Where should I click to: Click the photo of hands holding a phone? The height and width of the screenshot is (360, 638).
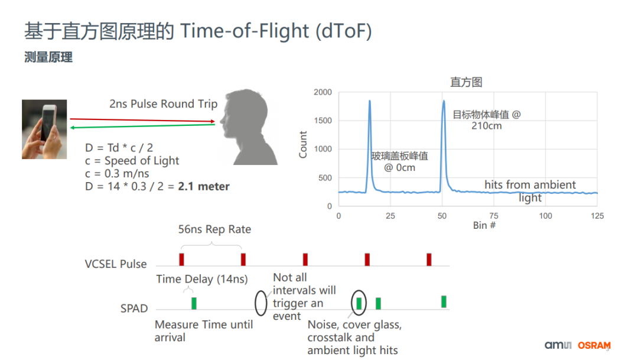tap(44, 129)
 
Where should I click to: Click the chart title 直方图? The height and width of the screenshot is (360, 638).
tap(466, 82)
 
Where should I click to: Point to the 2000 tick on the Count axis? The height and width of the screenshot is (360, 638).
tap(323, 92)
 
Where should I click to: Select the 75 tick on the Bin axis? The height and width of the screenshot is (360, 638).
tap(494, 216)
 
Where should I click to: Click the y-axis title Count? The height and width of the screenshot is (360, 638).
tap(304, 144)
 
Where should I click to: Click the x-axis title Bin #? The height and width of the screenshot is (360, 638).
tap(484, 226)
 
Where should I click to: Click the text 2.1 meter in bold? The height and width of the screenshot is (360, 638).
tap(204, 186)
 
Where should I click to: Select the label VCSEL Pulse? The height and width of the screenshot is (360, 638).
tap(116, 264)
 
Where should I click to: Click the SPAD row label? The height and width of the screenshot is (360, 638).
tap(134, 308)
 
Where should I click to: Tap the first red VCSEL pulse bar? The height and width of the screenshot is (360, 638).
tap(182, 260)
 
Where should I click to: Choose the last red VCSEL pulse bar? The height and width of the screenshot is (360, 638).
tap(429, 260)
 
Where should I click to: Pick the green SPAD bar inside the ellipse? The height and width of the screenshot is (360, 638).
tap(359, 303)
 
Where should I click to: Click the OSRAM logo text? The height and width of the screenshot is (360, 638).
tap(594, 346)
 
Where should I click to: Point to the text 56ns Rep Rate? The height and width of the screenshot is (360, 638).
tap(214, 229)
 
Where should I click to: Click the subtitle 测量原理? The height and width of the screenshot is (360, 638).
tap(48, 57)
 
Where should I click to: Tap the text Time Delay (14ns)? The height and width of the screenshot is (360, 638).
tap(202, 279)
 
